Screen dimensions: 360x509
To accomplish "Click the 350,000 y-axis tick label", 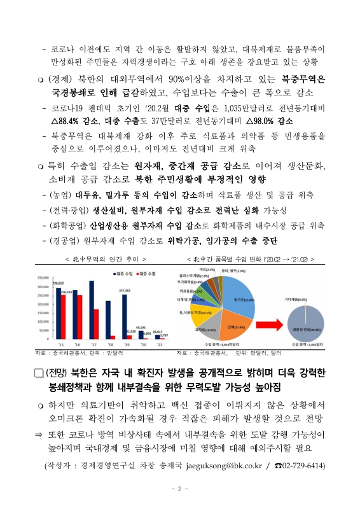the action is pyautogui.click(x=45, y=277).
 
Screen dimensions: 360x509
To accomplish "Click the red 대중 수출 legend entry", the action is pyautogui.click(x=146, y=273).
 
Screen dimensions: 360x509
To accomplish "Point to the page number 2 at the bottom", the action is pyautogui.click(x=180, y=489).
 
